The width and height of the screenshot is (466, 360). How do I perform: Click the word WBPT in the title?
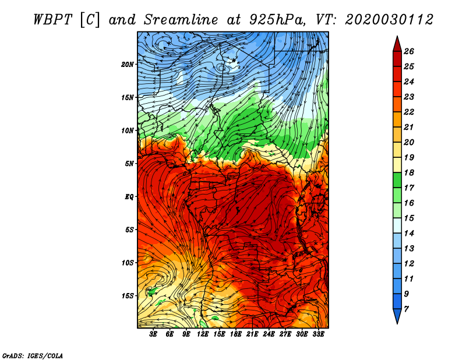coord(52,20)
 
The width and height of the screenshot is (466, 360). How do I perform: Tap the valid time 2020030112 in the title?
coord(389,20)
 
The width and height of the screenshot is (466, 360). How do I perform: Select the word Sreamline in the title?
coord(181,20)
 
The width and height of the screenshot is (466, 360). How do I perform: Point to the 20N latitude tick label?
coord(128,65)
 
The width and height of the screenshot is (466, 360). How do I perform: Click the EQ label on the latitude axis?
coord(129,197)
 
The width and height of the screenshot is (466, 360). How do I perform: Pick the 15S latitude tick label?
coord(128,296)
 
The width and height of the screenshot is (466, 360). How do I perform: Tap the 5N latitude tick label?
coord(129,164)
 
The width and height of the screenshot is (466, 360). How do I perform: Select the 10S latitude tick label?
coord(128,263)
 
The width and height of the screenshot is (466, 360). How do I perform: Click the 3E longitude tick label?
coord(153,334)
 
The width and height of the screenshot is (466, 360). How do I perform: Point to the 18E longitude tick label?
coord(236,334)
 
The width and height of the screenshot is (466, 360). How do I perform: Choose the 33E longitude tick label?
coord(318,334)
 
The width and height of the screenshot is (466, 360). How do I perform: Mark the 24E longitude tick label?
coord(269,334)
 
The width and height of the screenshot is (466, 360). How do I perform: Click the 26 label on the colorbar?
coord(409,51)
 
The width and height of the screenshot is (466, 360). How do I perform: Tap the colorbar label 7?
coord(406,309)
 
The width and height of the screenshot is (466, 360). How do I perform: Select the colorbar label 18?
coord(409,172)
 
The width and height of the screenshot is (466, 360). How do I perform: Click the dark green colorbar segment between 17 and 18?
coord(397,180)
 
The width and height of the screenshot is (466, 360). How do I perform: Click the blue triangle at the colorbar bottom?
coord(397,315)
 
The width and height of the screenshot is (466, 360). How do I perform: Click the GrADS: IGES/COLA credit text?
coord(33,355)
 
